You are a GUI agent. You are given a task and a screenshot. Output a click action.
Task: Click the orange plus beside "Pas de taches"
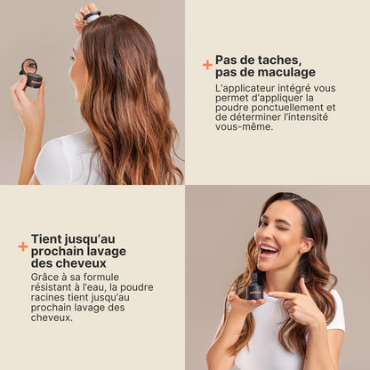click(207, 65)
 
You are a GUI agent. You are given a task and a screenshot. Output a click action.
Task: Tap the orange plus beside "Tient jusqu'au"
click(23, 246)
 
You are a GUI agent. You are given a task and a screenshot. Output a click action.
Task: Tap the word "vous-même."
click(244, 126)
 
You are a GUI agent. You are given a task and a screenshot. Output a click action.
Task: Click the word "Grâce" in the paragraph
click(44, 277)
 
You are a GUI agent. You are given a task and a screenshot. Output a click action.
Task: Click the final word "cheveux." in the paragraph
click(52, 318)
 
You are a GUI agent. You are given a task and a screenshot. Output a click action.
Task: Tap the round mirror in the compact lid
click(29, 66)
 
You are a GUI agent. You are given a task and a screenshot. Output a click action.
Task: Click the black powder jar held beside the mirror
click(34, 81)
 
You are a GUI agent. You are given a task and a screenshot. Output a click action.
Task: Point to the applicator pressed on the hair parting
click(92, 17)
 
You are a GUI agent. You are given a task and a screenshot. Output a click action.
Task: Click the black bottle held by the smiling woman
click(254, 286)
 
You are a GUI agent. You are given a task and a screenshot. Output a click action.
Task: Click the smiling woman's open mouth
click(269, 250)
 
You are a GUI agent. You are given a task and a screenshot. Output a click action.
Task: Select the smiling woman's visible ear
click(307, 245)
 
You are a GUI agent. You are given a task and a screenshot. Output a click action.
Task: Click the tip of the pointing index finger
click(269, 294)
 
